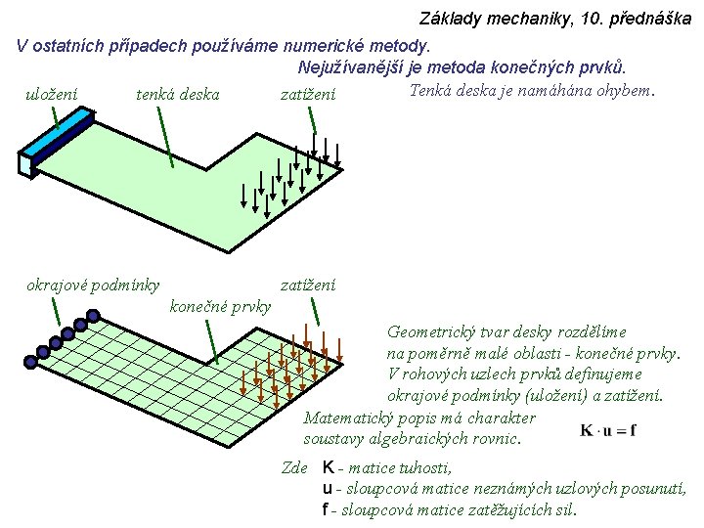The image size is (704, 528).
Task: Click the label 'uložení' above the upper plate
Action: pyautogui.click(x=51, y=94)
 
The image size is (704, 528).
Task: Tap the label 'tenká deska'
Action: pyautogui.click(x=177, y=94)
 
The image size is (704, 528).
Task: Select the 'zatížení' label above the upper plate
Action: pyautogui.click(x=308, y=94)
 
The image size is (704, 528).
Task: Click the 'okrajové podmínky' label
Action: pyautogui.click(x=93, y=286)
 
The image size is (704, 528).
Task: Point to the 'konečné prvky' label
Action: pyautogui.click(x=220, y=307)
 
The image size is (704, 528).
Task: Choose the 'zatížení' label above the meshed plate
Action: pyautogui.click(x=308, y=286)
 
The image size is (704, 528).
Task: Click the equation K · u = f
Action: pyautogui.click(x=608, y=429)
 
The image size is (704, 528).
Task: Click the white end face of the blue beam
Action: pyautogui.click(x=25, y=164)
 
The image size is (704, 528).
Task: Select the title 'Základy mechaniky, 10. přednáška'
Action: pyautogui.click(x=554, y=19)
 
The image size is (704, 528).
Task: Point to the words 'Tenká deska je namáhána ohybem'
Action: pyautogui.click(x=531, y=91)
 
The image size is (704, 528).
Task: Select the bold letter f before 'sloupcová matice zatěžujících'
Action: pyautogui.click(x=326, y=509)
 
